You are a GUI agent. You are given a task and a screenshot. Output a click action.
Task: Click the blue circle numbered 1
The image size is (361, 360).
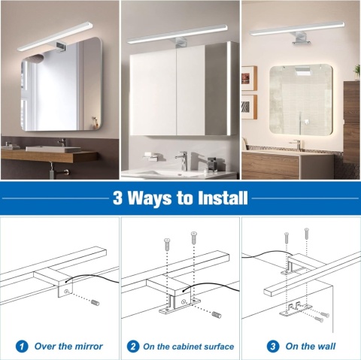tap(22, 346)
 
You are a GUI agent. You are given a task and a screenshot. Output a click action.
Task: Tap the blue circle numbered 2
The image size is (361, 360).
tap(133, 346)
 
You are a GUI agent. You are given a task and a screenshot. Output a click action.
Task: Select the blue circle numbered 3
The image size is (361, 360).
tap(273, 346)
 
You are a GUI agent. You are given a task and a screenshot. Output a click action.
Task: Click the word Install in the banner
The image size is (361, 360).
tap(223, 198)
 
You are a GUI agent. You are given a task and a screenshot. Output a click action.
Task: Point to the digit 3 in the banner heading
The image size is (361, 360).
tap(117, 198)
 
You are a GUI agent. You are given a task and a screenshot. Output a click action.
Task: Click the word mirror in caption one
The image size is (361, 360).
tap(89, 346)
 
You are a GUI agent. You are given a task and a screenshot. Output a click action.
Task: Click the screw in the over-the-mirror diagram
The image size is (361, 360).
tap(96, 302)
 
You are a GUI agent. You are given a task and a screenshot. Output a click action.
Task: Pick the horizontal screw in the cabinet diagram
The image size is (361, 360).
tap(217, 314)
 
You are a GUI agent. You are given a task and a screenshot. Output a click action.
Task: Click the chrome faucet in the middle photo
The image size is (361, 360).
tap(183, 161)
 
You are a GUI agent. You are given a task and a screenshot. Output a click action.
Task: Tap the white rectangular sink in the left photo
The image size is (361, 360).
tap(53, 149)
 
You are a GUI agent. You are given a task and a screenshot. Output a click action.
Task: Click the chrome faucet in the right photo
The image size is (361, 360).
tap(296, 145)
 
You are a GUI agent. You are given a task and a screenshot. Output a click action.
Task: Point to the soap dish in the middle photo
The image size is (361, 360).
tap(151, 157)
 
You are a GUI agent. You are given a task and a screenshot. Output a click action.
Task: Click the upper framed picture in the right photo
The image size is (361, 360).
tap(249, 78)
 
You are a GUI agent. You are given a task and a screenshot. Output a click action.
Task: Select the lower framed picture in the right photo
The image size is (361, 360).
tap(249, 107)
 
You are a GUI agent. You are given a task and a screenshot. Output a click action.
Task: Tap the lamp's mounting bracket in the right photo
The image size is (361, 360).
tap(302, 39)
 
